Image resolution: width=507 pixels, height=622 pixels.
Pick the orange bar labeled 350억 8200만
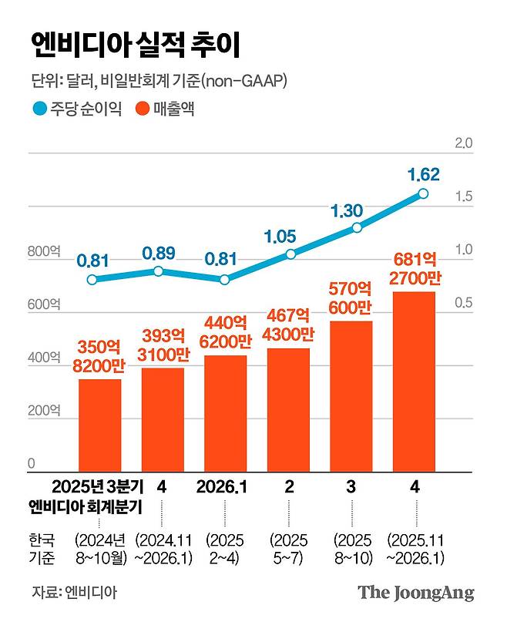click(x=99, y=425)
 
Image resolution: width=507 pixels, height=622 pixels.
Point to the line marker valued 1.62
click(x=422, y=194)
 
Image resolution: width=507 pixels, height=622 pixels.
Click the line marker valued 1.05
click(x=290, y=254)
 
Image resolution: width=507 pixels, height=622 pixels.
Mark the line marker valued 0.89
click(x=158, y=271)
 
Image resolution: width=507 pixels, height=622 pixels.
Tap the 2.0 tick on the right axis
click(x=464, y=143)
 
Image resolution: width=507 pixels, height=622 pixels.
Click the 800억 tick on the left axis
click(x=43, y=251)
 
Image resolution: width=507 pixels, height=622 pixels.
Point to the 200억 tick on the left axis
click(x=43, y=411)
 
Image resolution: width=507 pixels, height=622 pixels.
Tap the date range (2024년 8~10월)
click(x=99, y=547)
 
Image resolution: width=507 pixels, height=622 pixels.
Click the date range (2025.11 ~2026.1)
click(x=417, y=547)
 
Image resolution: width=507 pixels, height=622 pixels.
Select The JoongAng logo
click(x=415, y=593)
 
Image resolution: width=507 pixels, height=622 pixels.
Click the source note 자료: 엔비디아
click(x=76, y=592)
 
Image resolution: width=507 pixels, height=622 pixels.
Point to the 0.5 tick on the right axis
click(x=464, y=303)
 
